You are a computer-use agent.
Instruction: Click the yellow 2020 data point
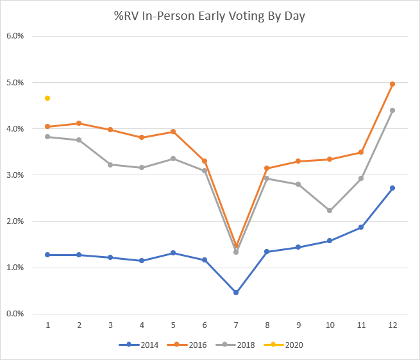[x=47, y=98]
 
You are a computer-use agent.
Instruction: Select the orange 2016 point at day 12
[x=392, y=84]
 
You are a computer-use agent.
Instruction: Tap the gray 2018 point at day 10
[x=330, y=210]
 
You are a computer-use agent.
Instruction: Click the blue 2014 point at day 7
[x=236, y=293]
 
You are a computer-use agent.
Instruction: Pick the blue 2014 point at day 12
[x=392, y=188]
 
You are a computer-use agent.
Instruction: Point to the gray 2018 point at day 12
[x=392, y=110]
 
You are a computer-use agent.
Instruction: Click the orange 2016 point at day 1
[x=47, y=126]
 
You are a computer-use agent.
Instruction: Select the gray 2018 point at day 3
[x=110, y=165]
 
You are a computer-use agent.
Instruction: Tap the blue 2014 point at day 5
[x=173, y=253]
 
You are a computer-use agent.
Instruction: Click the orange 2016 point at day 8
[x=267, y=168]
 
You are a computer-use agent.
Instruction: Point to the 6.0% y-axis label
[x=15, y=36]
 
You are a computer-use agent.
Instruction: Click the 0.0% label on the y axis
[x=15, y=314]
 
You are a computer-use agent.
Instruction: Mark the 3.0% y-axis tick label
[x=15, y=175]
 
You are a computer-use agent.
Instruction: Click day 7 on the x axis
[x=236, y=325]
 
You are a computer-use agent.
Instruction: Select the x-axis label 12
[x=392, y=325]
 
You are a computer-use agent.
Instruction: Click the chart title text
[x=209, y=15]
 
